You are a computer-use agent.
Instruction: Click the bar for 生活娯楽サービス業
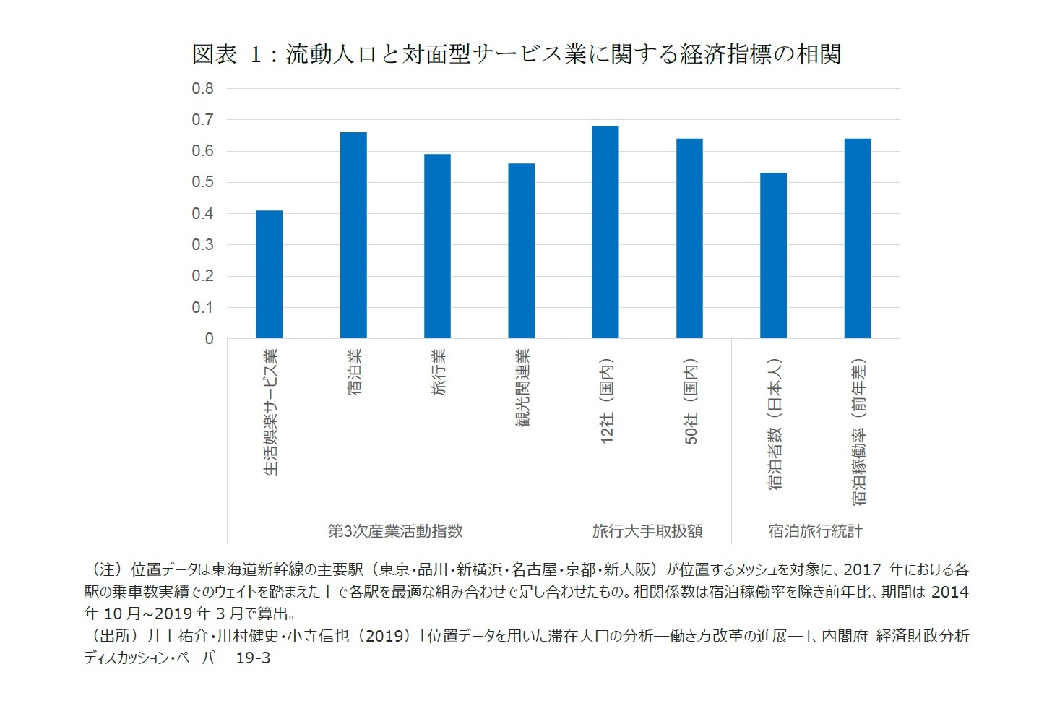click(270, 275)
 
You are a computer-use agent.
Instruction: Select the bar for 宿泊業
click(353, 236)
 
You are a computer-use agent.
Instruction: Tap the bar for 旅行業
click(437, 246)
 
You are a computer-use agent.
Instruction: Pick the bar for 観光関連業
click(522, 251)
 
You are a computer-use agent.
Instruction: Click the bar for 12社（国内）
click(605, 232)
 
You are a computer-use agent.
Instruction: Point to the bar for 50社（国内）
click(689, 238)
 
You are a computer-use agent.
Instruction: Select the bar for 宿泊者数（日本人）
click(773, 256)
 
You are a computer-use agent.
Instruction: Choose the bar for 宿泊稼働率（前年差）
click(858, 238)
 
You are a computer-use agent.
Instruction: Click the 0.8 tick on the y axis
click(202, 89)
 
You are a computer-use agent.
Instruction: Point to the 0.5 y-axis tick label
click(202, 182)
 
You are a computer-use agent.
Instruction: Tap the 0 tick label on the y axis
click(209, 339)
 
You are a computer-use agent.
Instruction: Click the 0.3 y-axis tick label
click(202, 245)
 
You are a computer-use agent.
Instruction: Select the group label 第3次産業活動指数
click(395, 531)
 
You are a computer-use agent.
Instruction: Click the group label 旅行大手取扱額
click(647, 531)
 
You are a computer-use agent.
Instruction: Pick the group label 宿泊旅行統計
click(815, 531)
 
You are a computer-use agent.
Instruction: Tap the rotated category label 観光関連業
click(522, 388)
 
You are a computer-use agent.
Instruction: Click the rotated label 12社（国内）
click(607, 401)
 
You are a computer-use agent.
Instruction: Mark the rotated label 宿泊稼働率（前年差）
click(858, 432)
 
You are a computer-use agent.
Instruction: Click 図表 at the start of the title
click(214, 54)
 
